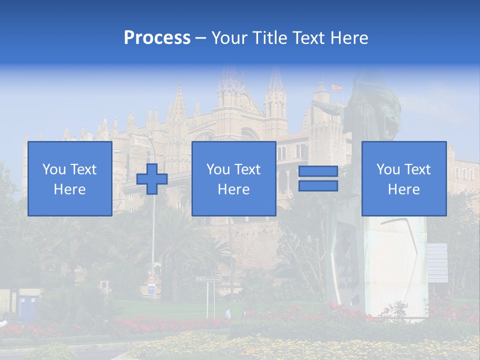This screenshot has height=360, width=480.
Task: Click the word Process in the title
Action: click(x=157, y=38)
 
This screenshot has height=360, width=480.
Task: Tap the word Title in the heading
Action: click(x=270, y=38)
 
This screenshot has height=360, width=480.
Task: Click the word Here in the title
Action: click(x=348, y=38)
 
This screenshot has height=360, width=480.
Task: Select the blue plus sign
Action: click(x=152, y=179)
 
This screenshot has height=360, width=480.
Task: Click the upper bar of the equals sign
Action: click(x=318, y=171)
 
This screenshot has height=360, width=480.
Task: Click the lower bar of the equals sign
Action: click(x=318, y=186)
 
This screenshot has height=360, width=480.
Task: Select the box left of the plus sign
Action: click(x=69, y=179)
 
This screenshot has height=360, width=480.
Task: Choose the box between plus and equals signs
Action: click(x=233, y=179)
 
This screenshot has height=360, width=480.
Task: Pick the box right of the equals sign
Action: click(x=404, y=179)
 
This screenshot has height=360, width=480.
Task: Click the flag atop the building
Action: click(x=336, y=87)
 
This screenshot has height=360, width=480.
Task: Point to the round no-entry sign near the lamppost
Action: click(x=104, y=285)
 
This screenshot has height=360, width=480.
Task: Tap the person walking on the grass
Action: click(x=228, y=313)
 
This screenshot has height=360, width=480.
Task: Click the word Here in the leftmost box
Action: click(x=69, y=189)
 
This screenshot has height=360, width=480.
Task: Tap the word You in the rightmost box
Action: click(x=388, y=169)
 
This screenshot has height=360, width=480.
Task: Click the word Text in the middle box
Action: click(x=247, y=169)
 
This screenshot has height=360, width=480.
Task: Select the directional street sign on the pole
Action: click(x=208, y=278)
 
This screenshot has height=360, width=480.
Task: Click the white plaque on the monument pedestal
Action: click(x=437, y=263)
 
